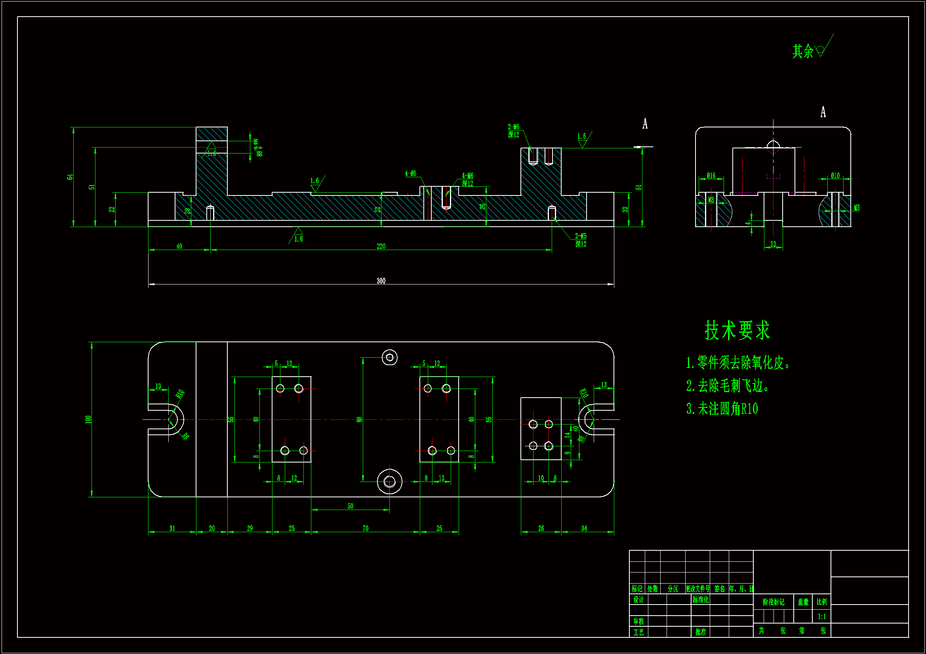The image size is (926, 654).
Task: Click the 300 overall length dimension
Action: tap(381, 281)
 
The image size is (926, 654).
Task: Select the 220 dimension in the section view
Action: tap(381, 246)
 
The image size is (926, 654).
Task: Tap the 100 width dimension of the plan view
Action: tap(88, 419)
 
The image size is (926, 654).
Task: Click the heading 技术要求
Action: tap(737, 330)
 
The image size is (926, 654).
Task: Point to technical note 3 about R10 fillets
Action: tap(722, 409)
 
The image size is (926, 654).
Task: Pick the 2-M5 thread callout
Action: tap(581, 236)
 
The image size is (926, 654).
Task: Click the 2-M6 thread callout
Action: tap(513, 127)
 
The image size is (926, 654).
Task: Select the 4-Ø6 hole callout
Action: tap(411, 174)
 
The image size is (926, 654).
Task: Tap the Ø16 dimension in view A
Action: tap(711, 176)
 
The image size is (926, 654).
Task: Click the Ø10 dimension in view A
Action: tap(835, 176)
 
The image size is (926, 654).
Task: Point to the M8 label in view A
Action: tap(711, 200)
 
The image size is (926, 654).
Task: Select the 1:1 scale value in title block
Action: tap(821, 617)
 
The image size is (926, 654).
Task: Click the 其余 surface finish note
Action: tap(802, 51)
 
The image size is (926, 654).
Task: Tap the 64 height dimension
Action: tap(70, 177)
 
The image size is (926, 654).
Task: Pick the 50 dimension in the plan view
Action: tap(350, 506)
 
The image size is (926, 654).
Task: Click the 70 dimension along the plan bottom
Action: tap(366, 528)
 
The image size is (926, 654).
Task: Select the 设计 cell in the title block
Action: tap(638, 600)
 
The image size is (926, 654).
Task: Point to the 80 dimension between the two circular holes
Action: tap(359, 419)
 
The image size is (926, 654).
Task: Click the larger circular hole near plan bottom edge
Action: tap(390, 481)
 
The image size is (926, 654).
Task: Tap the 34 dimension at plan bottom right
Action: tap(584, 528)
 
